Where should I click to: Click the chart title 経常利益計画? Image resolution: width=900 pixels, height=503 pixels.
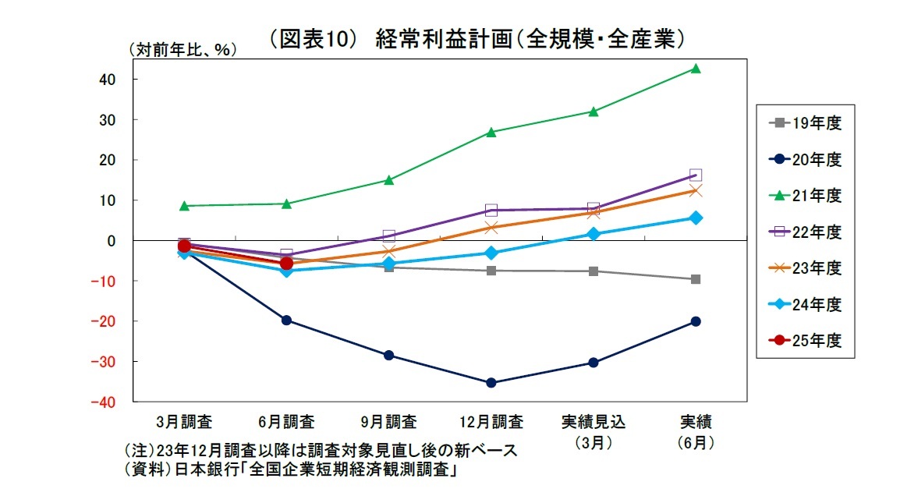(x=476, y=39)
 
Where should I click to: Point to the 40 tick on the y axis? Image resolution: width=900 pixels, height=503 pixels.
(x=107, y=80)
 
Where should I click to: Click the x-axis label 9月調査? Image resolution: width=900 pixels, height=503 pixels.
(x=388, y=422)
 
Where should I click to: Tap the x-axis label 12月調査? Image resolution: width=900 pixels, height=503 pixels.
(x=491, y=422)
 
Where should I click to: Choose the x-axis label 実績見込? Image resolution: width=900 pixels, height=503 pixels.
(x=594, y=422)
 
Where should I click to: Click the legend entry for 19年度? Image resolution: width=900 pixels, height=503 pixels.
(x=804, y=122)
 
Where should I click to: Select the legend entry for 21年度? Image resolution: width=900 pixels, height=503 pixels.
(x=804, y=195)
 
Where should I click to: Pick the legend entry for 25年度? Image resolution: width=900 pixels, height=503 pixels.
(x=804, y=340)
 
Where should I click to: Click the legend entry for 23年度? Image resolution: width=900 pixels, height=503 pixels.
(x=804, y=267)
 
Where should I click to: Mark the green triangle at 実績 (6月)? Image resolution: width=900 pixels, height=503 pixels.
(x=696, y=69)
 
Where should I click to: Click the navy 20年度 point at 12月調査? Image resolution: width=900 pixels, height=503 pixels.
(x=491, y=383)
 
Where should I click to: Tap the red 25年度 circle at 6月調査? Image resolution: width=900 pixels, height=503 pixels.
(x=286, y=264)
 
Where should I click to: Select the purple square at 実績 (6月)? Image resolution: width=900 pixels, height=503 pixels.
(x=696, y=175)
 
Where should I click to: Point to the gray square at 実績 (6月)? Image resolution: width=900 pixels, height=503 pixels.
(x=696, y=279)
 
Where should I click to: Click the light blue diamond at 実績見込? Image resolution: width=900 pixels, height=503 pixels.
(x=594, y=234)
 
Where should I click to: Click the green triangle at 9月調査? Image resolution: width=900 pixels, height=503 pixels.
(x=388, y=180)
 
